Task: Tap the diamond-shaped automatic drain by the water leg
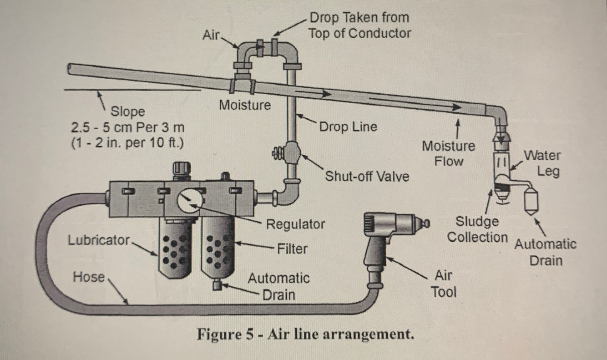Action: pos(531,201)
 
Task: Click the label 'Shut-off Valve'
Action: pos(367,176)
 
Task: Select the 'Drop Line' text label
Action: pos(348,127)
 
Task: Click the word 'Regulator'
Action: pos(296,224)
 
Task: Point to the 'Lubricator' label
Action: pos(99,240)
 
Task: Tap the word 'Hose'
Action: pos(89,276)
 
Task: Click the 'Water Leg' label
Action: pos(543,163)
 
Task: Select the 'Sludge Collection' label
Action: pos(477,229)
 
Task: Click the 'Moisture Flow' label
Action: pos(448,153)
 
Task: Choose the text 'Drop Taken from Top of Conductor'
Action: pos(359,25)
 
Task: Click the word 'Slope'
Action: pos(128,111)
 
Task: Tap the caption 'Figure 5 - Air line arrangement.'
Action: pos(305,335)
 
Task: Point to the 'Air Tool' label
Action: pos(444,283)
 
